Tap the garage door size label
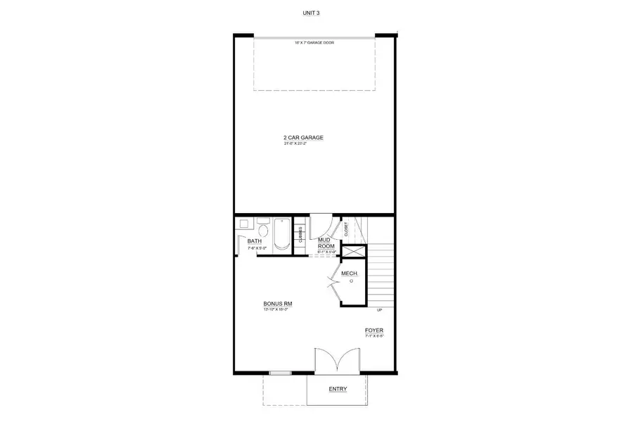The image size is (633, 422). pyautogui.click(x=314, y=43)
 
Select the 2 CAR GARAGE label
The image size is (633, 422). pyautogui.click(x=303, y=137)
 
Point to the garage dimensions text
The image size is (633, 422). pyautogui.click(x=303, y=143)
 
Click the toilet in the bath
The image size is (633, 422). pyautogui.click(x=262, y=230)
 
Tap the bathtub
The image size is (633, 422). pyautogui.click(x=281, y=234)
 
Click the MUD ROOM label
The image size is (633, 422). pyautogui.click(x=326, y=243)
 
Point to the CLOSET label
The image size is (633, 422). pyautogui.click(x=346, y=229)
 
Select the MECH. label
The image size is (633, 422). pyautogui.click(x=350, y=273)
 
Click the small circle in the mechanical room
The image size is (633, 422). pyautogui.click(x=351, y=280)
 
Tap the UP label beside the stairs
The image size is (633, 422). pyautogui.click(x=380, y=310)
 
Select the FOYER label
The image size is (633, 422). pyautogui.click(x=374, y=330)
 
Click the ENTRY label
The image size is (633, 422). pyautogui.click(x=338, y=389)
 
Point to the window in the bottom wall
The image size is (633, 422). pyautogui.click(x=280, y=373)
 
